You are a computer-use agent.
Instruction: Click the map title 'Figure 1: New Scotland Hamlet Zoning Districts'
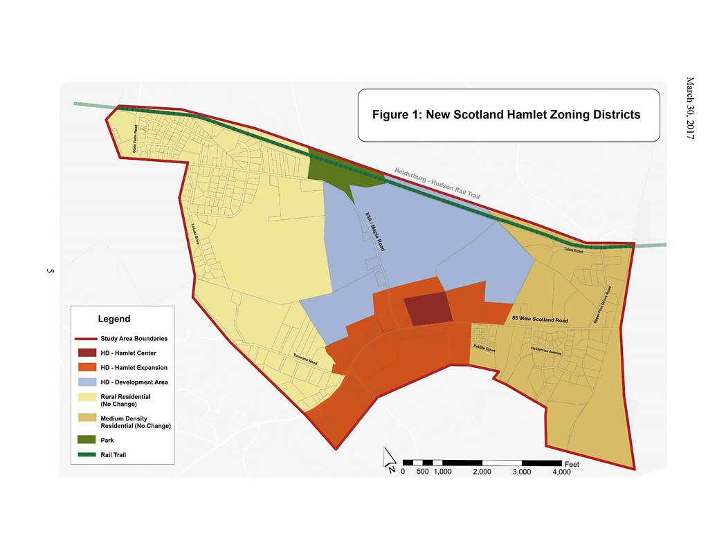pos(506,115)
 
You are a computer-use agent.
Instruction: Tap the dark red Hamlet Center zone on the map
pos(427,308)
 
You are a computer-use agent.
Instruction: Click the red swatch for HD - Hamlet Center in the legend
pos(86,353)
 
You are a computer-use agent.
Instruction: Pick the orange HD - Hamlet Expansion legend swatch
pos(86,367)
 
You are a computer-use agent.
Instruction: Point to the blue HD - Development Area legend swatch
pos(86,382)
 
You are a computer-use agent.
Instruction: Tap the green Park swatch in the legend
pos(86,440)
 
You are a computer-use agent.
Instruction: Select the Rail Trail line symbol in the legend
pos(86,455)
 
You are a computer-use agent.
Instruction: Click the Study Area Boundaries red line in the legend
pos(86,339)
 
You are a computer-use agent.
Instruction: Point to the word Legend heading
pos(114,319)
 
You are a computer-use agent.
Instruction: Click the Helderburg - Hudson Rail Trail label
pos(437,183)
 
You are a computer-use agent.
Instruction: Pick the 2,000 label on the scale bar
pos(482,472)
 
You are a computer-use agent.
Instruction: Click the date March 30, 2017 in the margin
pos(689,111)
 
